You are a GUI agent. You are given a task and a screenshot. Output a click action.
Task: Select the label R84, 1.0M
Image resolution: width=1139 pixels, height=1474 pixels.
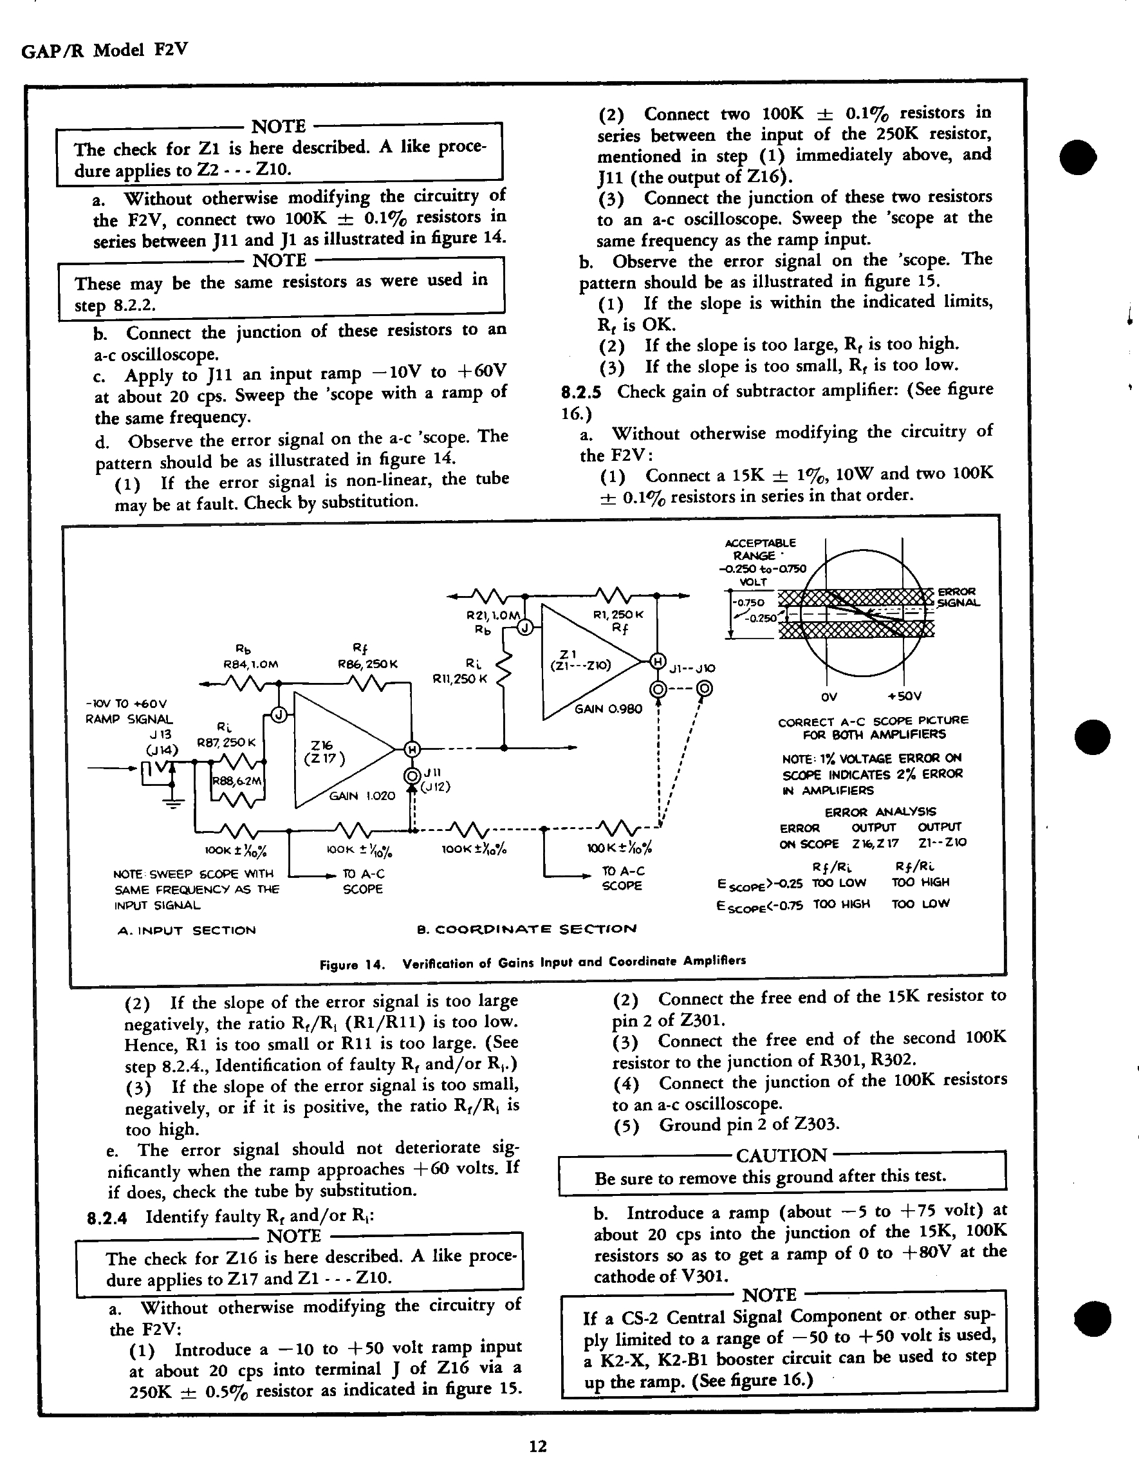coord(250,664)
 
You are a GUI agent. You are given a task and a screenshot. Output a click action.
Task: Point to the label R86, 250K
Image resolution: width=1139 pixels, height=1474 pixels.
coord(367,664)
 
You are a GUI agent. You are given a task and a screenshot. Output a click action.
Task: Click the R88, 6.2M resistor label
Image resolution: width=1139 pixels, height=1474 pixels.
coord(237,781)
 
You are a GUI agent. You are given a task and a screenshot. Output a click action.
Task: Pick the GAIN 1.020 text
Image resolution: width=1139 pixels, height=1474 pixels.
coord(362,796)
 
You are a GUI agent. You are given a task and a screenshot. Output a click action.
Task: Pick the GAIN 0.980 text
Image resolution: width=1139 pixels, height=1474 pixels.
coord(608,709)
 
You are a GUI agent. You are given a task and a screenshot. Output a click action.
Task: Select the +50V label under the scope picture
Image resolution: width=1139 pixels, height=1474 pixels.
coord(903,696)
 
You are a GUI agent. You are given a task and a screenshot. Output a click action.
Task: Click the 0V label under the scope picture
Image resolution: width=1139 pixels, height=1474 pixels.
coord(829,696)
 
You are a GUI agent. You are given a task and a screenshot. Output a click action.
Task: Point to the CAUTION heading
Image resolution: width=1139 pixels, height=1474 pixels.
coord(781,1155)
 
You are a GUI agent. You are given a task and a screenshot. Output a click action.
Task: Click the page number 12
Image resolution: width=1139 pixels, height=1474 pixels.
coord(538,1446)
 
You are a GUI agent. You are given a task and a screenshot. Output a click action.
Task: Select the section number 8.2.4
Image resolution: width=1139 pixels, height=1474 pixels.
coord(107,1217)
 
